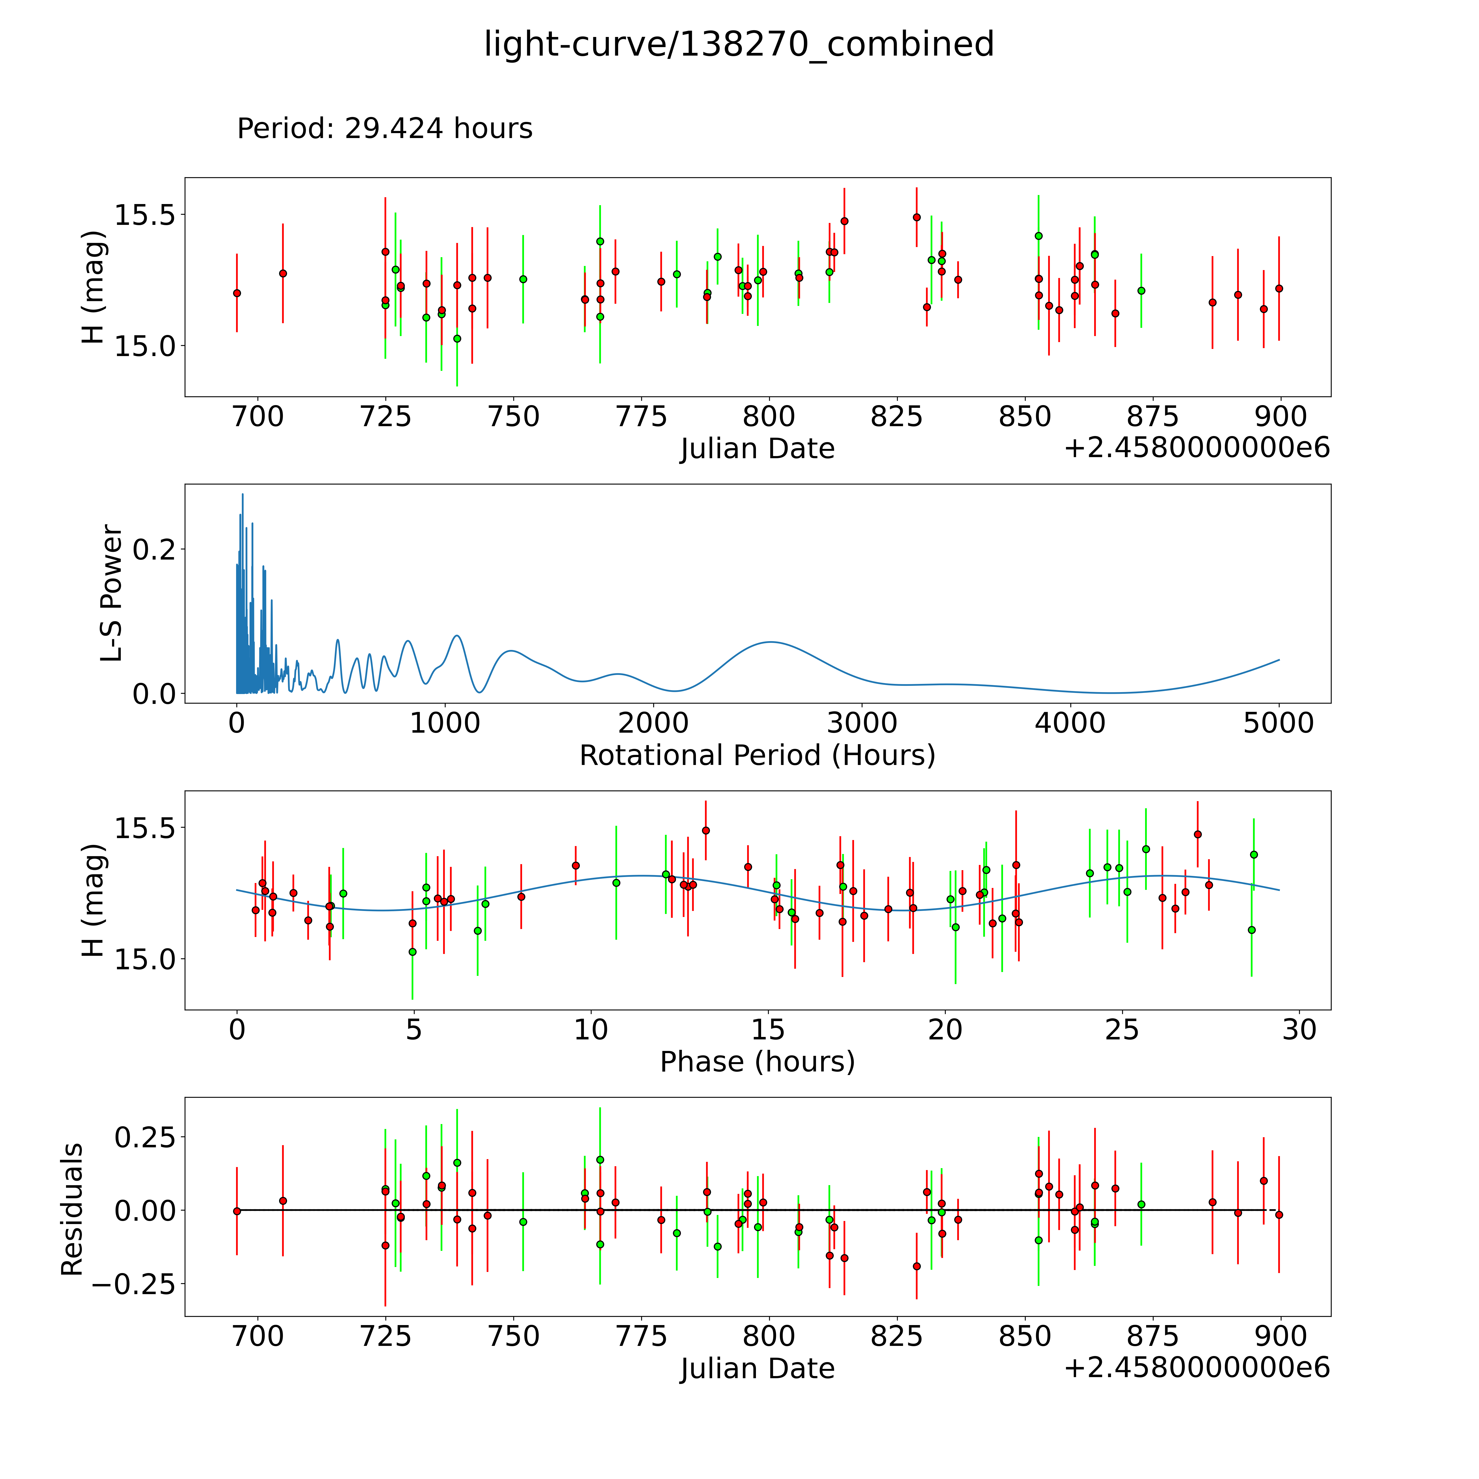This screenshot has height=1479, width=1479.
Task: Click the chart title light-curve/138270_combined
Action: (x=739, y=44)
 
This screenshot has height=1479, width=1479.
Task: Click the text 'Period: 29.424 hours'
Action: (x=384, y=129)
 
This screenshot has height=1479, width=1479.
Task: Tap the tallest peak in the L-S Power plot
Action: (x=243, y=495)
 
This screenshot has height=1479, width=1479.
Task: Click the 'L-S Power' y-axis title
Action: (x=112, y=593)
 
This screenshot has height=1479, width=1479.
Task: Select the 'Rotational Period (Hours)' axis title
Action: (x=757, y=756)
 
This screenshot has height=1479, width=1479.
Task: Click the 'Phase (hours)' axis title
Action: (x=757, y=1062)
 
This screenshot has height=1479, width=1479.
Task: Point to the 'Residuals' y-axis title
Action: (x=72, y=1209)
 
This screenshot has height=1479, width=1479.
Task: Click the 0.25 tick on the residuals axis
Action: (x=144, y=1137)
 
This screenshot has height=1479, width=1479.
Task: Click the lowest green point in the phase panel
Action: (x=413, y=951)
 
